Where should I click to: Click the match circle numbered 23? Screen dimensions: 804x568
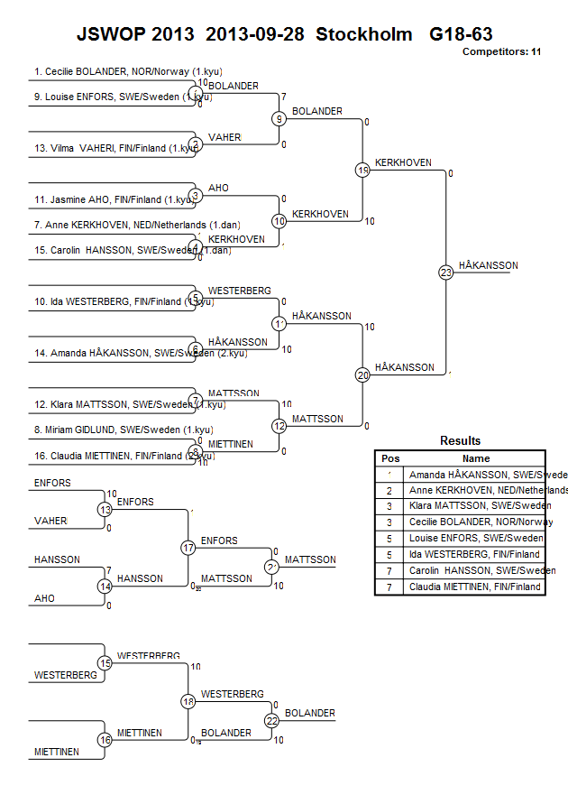point(445,273)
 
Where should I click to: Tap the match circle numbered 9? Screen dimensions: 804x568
point(279,118)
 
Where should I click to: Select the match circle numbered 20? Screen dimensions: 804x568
point(362,374)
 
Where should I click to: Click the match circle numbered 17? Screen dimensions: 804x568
point(188,548)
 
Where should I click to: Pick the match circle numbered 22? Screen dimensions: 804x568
point(271,720)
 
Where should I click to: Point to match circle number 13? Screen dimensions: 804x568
point(105,510)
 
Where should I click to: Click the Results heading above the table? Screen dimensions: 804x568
point(460,441)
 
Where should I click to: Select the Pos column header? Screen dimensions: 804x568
point(390,458)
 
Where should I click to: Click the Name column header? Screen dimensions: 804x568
point(476,458)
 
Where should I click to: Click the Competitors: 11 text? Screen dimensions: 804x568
point(501,51)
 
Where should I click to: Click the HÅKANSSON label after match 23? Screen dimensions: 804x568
point(488,265)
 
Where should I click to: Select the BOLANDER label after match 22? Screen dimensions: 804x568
point(309,713)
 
